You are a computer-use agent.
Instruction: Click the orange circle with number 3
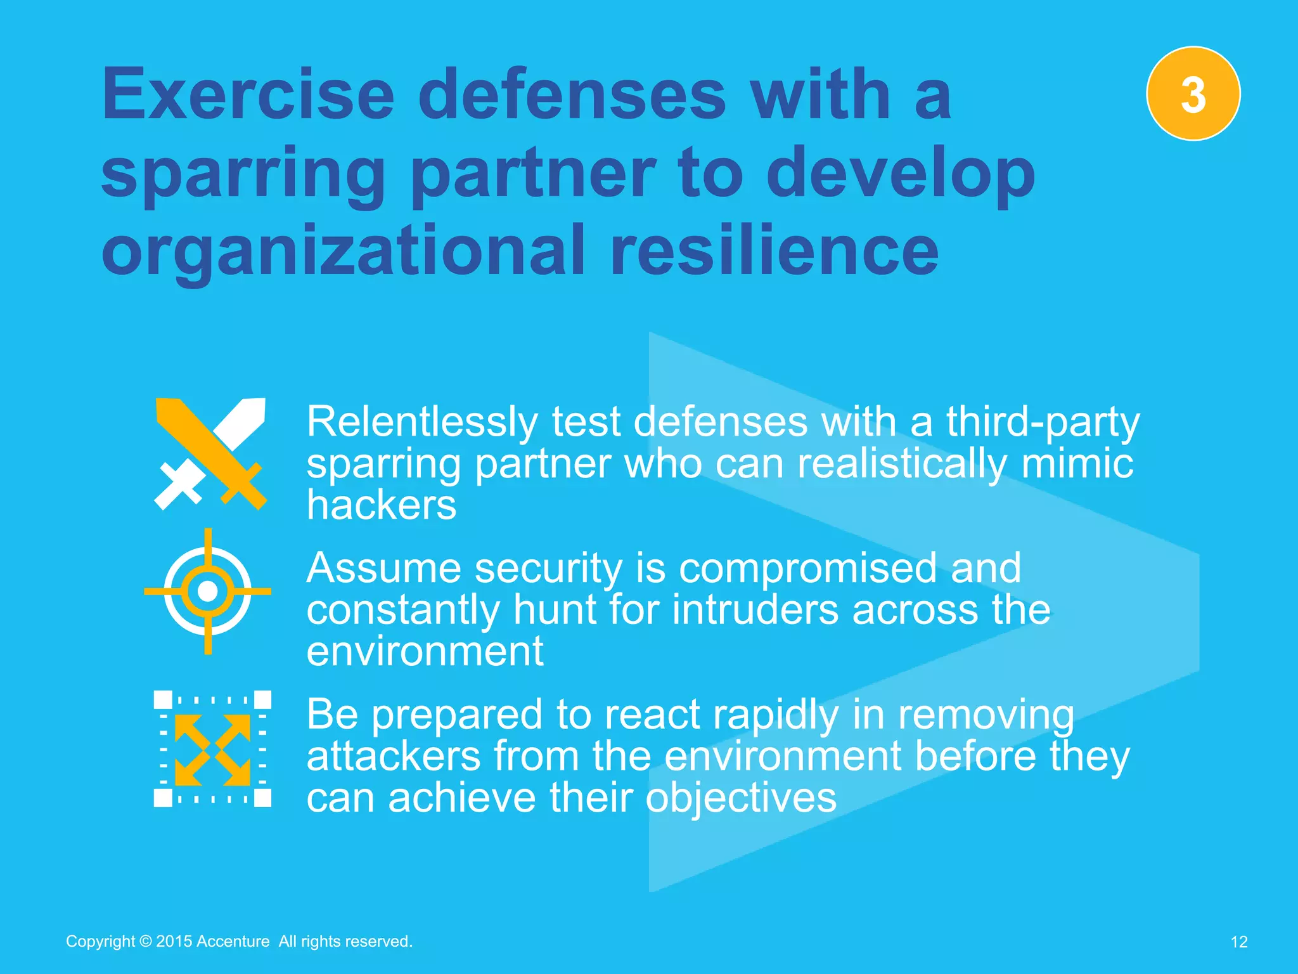click(x=1193, y=94)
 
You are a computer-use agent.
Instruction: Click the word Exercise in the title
click(x=248, y=95)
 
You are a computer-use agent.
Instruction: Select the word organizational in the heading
click(x=343, y=252)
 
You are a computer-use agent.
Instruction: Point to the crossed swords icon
click(x=210, y=453)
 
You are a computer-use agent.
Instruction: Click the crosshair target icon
click(x=208, y=591)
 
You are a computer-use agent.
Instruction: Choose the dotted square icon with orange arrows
click(x=212, y=749)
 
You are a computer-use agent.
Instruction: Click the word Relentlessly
click(x=422, y=422)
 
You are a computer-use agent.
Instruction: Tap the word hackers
click(x=381, y=505)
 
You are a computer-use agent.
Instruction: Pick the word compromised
click(x=809, y=568)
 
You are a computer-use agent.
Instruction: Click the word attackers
click(x=394, y=756)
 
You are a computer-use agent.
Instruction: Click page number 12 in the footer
click(x=1238, y=942)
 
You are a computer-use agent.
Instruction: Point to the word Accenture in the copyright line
click(x=233, y=942)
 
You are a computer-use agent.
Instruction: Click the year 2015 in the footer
click(x=174, y=942)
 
